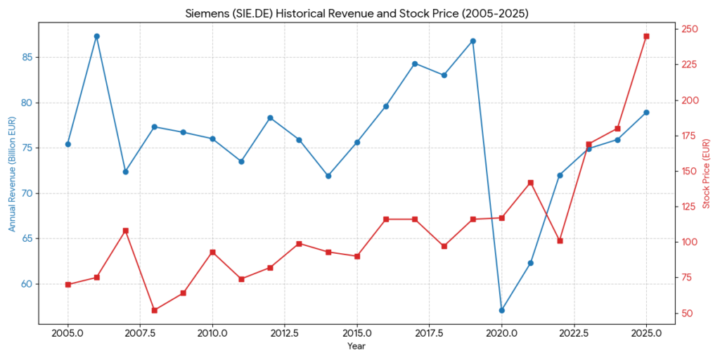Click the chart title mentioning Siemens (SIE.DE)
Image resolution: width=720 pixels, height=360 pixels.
tap(356, 13)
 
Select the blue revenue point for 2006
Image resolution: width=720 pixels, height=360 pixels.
tap(97, 36)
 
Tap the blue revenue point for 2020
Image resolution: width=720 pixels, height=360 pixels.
tap(502, 310)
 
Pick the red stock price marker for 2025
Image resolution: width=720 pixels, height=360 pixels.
tap(646, 36)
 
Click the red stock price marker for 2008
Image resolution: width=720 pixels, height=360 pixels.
tap(155, 310)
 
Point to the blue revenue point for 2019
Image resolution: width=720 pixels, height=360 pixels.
tap(473, 41)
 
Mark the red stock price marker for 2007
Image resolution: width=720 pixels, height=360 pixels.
tap(126, 231)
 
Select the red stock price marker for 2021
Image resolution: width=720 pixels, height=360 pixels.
tap(531, 183)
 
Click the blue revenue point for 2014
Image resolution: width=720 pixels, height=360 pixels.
tap(328, 176)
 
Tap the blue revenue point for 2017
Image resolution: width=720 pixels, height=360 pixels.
tap(415, 64)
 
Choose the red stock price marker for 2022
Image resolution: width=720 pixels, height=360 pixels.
tap(560, 240)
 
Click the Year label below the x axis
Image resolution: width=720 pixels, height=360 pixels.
tap(356, 346)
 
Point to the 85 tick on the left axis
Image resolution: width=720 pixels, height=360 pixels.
tap(26, 58)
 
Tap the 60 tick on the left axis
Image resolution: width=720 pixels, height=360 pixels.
tap(26, 284)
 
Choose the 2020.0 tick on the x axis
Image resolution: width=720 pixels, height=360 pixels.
tap(502, 333)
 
